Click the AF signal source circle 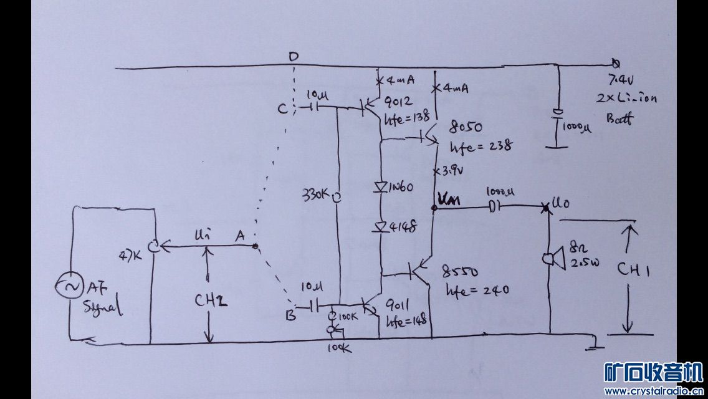pyautogui.click(x=68, y=286)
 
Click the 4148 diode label pyautogui.click(x=404, y=225)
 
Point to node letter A pyautogui.click(x=239, y=236)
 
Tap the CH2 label pyautogui.click(x=209, y=301)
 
